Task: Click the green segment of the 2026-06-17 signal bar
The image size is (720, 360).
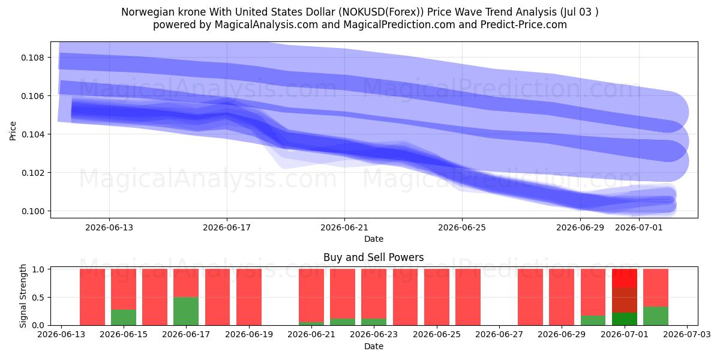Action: [186, 311]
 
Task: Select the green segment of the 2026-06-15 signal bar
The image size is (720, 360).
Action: [124, 317]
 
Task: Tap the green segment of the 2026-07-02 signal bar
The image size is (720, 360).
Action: [656, 316]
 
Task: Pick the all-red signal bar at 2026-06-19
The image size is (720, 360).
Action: [249, 297]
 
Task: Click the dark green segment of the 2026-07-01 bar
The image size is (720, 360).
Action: [625, 319]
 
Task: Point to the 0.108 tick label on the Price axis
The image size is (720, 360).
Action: [32, 58]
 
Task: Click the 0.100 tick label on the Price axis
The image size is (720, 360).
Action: [32, 211]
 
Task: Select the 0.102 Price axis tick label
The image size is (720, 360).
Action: [32, 173]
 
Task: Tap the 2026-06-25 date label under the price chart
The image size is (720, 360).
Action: [462, 227]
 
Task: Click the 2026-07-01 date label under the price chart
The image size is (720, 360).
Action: [639, 227]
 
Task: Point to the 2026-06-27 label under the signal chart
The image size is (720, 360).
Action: [499, 334]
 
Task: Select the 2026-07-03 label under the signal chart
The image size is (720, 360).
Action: [687, 334]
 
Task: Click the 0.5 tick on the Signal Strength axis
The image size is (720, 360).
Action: [38, 298]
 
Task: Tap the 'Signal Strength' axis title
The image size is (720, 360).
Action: [23, 296]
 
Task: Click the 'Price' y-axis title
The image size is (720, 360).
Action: [13, 131]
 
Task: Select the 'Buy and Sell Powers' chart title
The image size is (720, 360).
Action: [373, 257]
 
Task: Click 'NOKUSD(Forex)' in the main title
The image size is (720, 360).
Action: [381, 12]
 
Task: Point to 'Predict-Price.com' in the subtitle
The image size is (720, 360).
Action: [524, 25]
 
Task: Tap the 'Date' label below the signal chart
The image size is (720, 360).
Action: [373, 346]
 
